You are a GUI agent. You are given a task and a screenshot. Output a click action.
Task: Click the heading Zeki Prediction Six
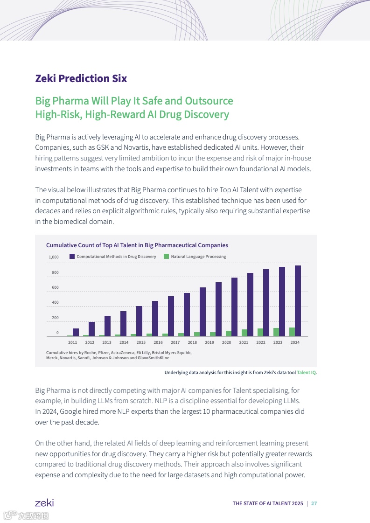(x=81, y=78)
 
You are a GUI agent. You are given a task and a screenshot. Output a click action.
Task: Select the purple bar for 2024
(x=298, y=301)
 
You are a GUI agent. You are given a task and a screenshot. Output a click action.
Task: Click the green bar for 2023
(x=276, y=332)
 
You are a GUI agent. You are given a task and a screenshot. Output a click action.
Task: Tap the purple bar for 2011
(x=76, y=332)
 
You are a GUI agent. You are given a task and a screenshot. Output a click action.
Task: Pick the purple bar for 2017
(x=171, y=316)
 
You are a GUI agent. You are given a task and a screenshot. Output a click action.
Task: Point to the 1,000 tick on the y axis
(x=54, y=257)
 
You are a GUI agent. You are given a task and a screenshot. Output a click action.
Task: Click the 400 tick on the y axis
(x=55, y=303)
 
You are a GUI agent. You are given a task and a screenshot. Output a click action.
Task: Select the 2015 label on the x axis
(x=141, y=342)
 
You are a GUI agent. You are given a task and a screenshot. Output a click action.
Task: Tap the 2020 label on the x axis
(x=226, y=342)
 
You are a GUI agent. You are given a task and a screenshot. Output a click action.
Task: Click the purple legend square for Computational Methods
(x=72, y=257)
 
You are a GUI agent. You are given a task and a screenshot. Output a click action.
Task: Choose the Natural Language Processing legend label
(x=198, y=257)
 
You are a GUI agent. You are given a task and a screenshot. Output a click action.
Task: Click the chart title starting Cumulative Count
(x=137, y=245)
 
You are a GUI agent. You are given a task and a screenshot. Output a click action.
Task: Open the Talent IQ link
(x=306, y=372)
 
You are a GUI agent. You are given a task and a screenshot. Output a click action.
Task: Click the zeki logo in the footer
(x=44, y=503)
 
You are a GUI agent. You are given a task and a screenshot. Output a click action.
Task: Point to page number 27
(x=314, y=503)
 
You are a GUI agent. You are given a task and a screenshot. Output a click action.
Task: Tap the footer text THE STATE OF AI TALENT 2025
(x=267, y=503)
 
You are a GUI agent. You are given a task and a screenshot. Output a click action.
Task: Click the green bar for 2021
(x=244, y=333)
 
